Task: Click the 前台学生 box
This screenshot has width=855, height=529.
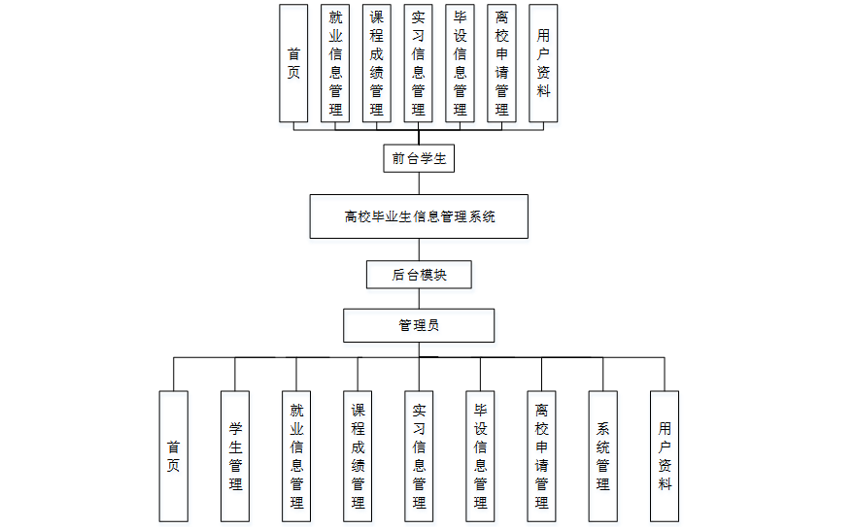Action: coord(419,158)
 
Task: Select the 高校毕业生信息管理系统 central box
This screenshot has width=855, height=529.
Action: coord(419,216)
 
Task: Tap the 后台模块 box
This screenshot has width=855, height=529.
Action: coord(419,275)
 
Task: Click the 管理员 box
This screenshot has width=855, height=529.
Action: coord(419,325)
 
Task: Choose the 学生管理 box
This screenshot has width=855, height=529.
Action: coord(235,455)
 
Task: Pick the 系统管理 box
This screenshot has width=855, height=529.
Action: coord(602,455)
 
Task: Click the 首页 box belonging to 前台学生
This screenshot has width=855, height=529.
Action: coord(293,63)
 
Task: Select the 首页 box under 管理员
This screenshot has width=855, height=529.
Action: coord(174,455)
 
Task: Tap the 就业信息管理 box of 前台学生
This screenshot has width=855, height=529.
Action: coord(335,63)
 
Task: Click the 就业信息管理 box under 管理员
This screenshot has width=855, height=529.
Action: coord(296,455)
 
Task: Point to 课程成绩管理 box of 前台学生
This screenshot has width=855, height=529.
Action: coord(377,63)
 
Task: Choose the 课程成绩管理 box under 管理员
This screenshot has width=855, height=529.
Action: coord(358,455)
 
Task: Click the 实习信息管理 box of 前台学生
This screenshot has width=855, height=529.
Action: coord(419,63)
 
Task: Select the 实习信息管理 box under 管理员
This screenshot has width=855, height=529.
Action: coord(419,455)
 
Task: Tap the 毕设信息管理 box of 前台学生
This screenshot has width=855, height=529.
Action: coord(461,63)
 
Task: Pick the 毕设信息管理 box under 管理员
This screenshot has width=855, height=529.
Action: coord(480,455)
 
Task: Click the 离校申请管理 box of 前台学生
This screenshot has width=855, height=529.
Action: coord(501,63)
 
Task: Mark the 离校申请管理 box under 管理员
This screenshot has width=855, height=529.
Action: coord(541,455)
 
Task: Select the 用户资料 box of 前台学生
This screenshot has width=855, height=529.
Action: coord(543,63)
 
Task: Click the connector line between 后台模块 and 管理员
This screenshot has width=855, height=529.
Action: coord(419,299)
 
